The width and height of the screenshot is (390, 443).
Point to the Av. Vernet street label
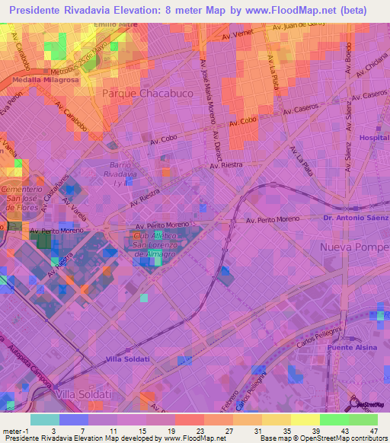(x=237, y=36)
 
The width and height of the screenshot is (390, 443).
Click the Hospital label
(x=373, y=138)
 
